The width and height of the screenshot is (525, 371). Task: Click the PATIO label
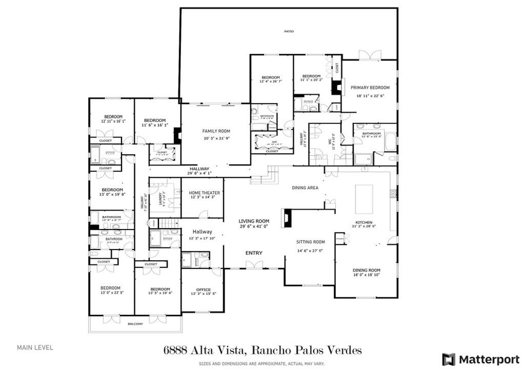click(x=289, y=32)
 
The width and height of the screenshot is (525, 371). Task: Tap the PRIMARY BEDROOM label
click(x=370, y=88)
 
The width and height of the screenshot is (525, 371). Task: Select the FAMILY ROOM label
click(x=216, y=131)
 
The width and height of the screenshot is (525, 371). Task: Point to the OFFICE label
click(x=204, y=290)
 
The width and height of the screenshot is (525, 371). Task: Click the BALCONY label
click(x=135, y=324)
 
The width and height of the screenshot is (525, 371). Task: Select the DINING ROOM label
click(x=366, y=270)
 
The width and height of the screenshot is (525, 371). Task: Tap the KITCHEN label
click(x=364, y=222)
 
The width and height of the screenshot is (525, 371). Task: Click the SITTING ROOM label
click(x=310, y=242)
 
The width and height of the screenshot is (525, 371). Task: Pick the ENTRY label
click(x=254, y=253)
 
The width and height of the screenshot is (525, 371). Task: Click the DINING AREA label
click(x=305, y=188)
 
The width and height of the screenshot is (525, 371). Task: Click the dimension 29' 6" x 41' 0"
click(x=254, y=226)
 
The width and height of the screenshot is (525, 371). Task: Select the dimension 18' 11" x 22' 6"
click(x=370, y=95)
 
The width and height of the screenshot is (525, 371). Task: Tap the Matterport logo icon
click(x=449, y=359)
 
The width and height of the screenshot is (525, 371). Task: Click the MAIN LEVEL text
click(x=35, y=347)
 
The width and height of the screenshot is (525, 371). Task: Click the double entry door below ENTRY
click(x=254, y=264)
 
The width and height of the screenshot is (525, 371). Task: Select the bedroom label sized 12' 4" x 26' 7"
click(x=270, y=77)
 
